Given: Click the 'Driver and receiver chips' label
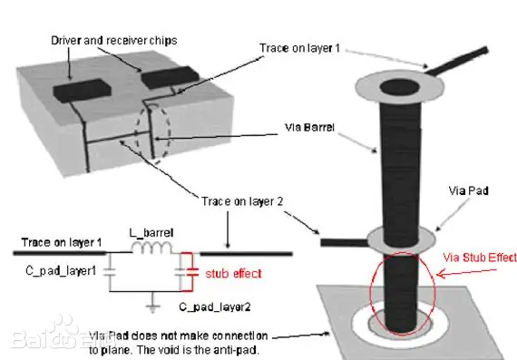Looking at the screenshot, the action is click(x=113, y=41).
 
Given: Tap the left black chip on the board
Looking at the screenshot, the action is click(x=82, y=90).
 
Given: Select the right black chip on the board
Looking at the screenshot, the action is click(x=171, y=77).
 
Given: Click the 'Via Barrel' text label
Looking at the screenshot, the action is click(x=309, y=127).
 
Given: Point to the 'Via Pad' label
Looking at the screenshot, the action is click(x=468, y=190).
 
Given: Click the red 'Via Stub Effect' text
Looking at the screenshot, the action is click(x=480, y=258).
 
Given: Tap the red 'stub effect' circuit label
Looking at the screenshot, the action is click(x=233, y=274).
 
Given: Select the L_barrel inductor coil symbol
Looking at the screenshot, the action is click(x=151, y=248).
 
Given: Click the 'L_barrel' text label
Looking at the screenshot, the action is click(x=151, y=233).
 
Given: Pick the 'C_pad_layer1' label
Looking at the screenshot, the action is click(x=61, y=271).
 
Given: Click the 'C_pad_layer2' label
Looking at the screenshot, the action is click(x=215, y=307).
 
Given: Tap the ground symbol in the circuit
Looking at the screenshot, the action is click(x=152, y=303).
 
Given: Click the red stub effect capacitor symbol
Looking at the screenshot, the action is click(x=192, y=272).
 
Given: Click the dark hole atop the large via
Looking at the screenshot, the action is click(x=400, y=87).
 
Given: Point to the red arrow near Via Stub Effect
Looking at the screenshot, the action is click(x=466, y=272).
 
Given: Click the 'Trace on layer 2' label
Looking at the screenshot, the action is click(x=242, y=201).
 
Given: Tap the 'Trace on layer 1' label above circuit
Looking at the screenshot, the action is click(x=62, y=243).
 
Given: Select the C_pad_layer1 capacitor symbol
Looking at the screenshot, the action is click(x=110, y=272).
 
